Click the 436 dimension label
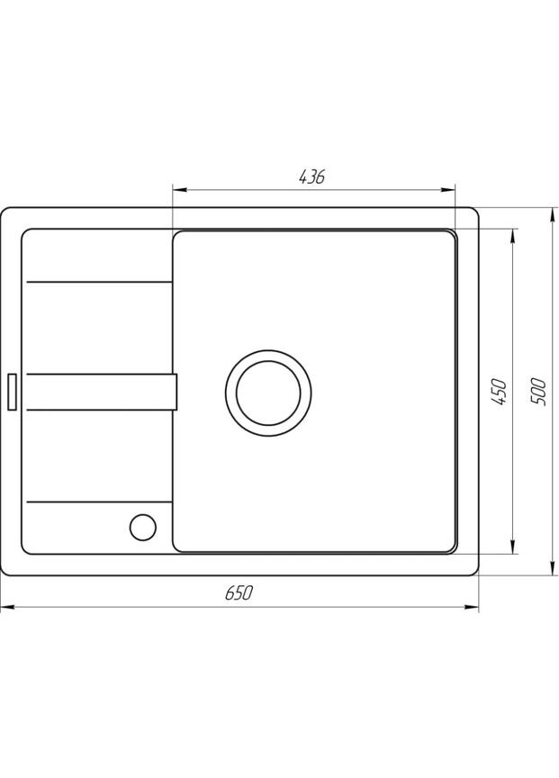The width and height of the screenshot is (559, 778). click(x=311, y=177)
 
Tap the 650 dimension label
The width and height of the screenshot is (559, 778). click(x=239, y=593)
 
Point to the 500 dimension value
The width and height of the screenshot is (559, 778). click(x=538, y=390)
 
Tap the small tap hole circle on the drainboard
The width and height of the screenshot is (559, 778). click(x=141, y=526)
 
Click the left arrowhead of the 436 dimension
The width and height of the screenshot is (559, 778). click(x=177, y=190)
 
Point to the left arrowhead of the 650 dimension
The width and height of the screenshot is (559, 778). click(x=5, y=607)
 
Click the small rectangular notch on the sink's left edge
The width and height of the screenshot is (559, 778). click(x=13, y=391)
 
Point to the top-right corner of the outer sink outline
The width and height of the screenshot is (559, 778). click(x=476, y=211)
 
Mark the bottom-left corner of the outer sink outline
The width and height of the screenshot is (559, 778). click(x=4, y=574)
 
